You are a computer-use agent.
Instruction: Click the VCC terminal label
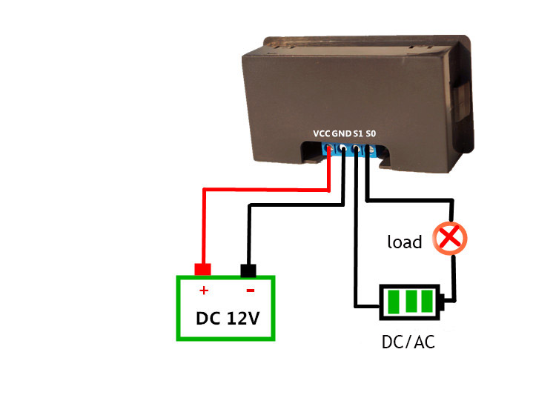point(322,133)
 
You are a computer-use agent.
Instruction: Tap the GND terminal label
point(342,133)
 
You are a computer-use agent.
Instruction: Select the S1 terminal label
point(358,133)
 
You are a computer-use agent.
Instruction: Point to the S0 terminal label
point(371,133)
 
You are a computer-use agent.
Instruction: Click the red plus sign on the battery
point(204,291)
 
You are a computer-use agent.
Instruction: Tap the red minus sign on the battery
point(251,291)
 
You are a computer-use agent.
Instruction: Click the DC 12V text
point(228,318)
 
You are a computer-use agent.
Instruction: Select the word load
point(405,242)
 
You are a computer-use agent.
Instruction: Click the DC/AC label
point(408,342)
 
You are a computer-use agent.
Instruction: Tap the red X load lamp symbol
point(450,239)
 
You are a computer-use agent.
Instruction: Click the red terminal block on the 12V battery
point(203,270)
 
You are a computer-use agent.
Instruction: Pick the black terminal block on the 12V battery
point(248,270)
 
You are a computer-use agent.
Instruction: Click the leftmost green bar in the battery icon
point(394,302)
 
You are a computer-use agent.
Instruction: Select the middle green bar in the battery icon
point(411,302)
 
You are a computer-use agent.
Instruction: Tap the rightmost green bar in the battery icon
point(427,302)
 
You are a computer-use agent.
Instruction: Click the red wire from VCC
point(266,190)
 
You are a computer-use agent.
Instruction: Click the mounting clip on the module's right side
point(463,99)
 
